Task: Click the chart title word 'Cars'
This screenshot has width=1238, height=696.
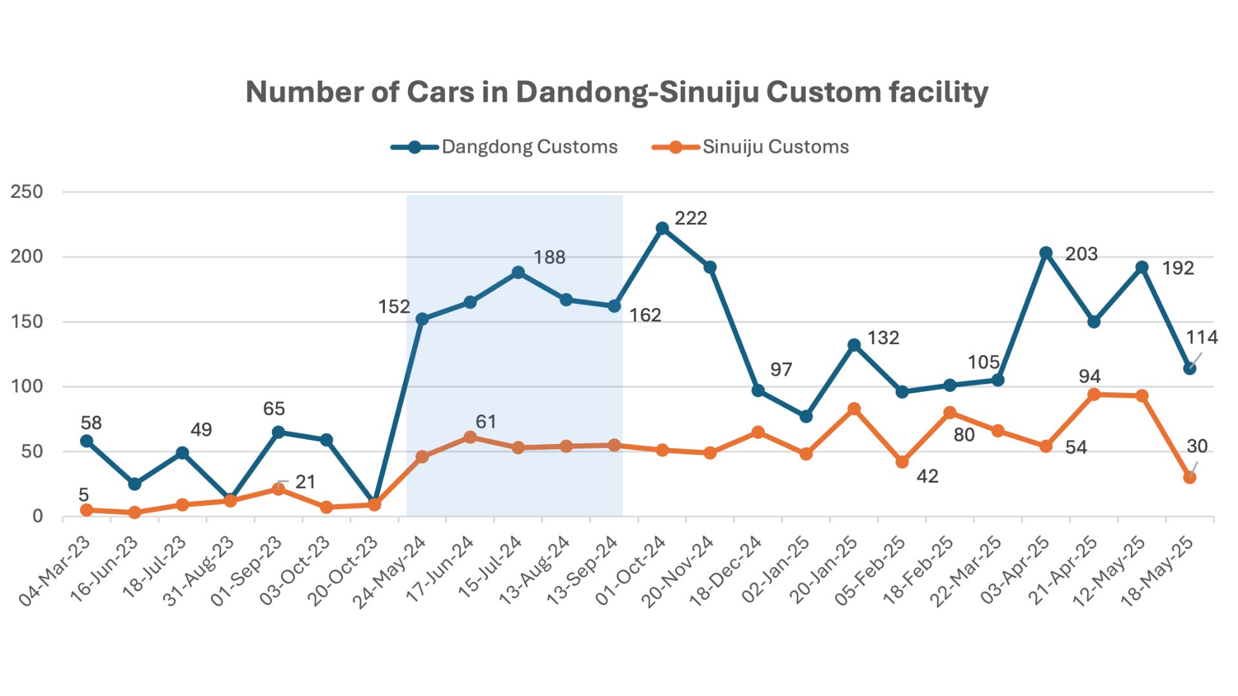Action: point(440,92)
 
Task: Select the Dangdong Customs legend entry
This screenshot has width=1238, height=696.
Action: point(504,147)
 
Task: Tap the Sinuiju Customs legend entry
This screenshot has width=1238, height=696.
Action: point(750,147)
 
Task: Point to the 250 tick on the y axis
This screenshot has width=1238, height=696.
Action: point(26,191)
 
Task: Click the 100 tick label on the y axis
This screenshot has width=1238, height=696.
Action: point(26,387)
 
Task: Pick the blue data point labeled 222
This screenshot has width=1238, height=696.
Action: point(662,228)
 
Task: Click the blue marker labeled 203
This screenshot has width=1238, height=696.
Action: point(1046,253)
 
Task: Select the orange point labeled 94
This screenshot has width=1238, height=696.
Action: point(1094,394)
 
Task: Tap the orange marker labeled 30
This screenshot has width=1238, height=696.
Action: point(1190,478)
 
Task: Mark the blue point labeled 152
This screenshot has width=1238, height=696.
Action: point(422,319)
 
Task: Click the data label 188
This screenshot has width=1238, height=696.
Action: point(549,258)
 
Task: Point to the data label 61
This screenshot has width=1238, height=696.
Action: point(486,422)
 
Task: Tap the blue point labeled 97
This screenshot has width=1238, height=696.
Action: point(758,391)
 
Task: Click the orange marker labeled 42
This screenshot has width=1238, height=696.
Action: point(902,462)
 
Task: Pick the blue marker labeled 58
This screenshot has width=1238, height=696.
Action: point(86,441)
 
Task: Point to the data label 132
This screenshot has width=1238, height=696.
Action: point(883,338)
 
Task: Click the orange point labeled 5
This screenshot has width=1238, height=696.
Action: point(86,510)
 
